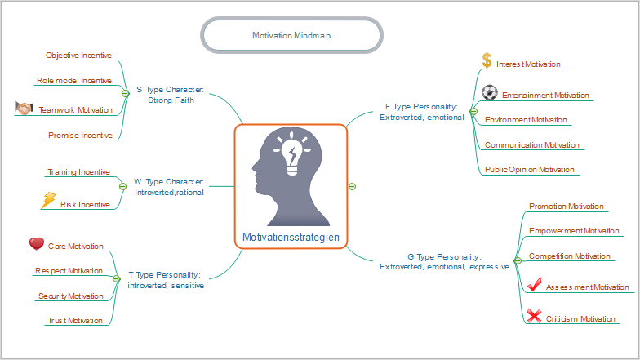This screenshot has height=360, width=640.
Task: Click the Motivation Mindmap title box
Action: (291, 36)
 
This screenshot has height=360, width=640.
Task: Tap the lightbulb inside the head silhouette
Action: (292, 155)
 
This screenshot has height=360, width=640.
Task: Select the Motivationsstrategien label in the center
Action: (291, 238)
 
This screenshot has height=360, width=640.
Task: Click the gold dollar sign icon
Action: (487, 60)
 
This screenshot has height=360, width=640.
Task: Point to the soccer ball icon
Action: (490, 92)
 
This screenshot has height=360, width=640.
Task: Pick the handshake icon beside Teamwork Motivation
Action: (24, 108)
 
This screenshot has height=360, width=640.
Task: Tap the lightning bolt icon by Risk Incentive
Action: (48, 200)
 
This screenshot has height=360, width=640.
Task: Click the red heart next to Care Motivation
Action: (36, 243)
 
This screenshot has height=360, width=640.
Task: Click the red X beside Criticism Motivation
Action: (534, 316)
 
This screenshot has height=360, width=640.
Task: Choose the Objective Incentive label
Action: (78, 56)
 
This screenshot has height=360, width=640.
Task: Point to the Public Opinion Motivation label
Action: (530, 170)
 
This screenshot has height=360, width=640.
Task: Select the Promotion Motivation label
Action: (567, 207)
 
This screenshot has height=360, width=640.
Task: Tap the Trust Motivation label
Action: (75, 320)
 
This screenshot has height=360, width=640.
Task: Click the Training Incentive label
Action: (78, 172)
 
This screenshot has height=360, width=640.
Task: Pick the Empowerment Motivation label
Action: (574, 231)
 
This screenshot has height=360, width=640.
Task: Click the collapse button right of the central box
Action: (352, 186)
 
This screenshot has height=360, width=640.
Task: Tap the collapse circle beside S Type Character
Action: (125, 94)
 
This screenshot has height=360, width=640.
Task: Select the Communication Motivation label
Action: (531, 145)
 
